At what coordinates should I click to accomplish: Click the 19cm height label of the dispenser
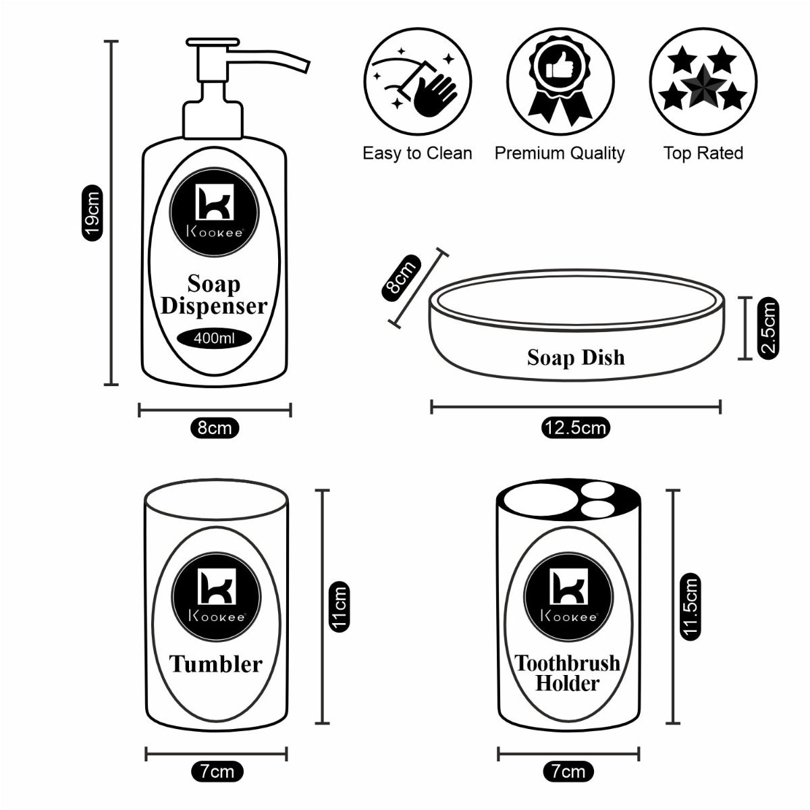92,213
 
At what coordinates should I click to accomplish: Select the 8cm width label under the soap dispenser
215,428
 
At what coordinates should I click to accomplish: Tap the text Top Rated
703,154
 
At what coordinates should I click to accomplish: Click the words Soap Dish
576,357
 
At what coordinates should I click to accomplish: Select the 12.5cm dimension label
575,428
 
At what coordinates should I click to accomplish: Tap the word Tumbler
215,664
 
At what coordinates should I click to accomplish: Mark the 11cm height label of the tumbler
339,607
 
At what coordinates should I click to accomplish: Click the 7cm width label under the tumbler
217,772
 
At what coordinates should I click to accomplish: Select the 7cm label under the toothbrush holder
568,772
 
